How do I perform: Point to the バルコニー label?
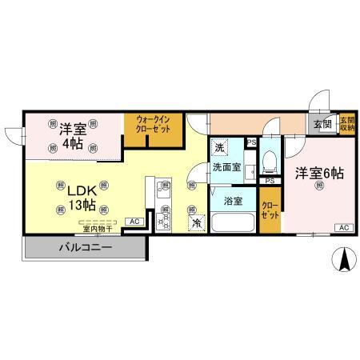click(84, 247)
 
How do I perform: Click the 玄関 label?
click(322, 123)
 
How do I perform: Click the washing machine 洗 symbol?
click(220, 147)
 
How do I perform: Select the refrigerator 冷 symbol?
click(196, 224)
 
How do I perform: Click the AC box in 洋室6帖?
click(344, 228)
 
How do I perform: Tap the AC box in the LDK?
click(134, 221)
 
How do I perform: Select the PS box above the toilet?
click(251, 142)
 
